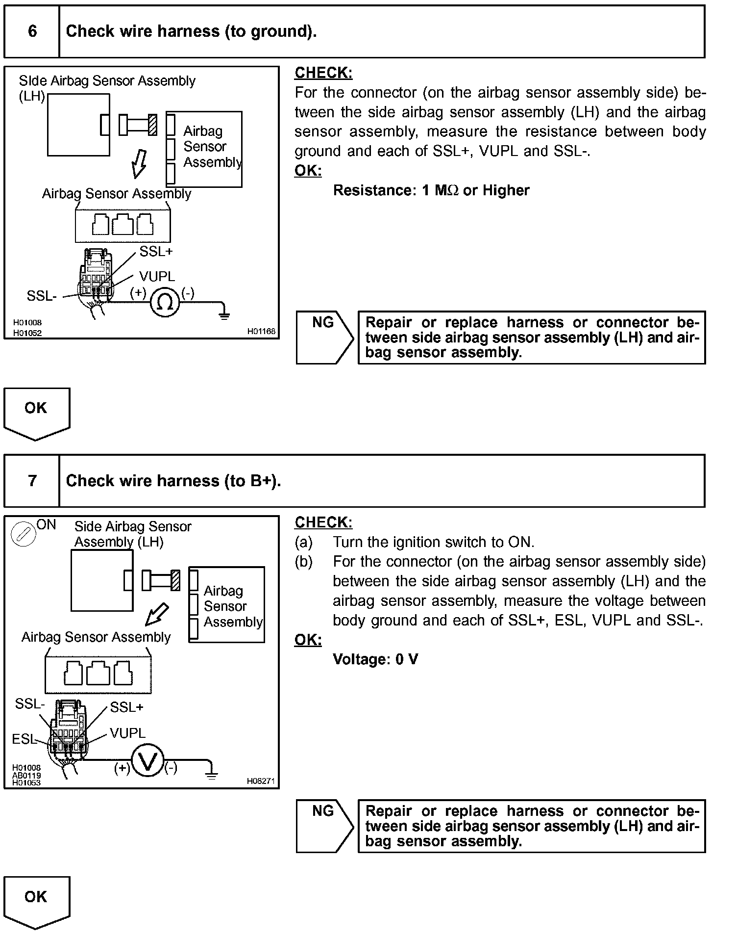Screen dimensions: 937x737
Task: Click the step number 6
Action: [x=32, y=31]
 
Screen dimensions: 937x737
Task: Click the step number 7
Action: [x=32, y=481]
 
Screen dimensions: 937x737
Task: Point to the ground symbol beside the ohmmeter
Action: [x=224, y=314]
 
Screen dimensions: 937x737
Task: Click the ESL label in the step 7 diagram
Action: [x=24, y=739]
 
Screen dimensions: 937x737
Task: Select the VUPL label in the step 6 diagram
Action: [x=157, y=276]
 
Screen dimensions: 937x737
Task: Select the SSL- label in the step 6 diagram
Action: [x=42, y=296]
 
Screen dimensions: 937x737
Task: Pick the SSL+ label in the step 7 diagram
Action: [x=126, y=707]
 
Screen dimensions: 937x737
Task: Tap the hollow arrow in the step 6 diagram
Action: [x=139, y=164]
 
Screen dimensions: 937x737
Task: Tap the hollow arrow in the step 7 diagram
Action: [x=157, y=614]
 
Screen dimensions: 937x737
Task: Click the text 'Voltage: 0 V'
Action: [x=375, y=659]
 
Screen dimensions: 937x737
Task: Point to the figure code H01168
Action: [x=261, y=331]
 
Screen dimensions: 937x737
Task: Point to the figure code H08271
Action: [x=261, y=781]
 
